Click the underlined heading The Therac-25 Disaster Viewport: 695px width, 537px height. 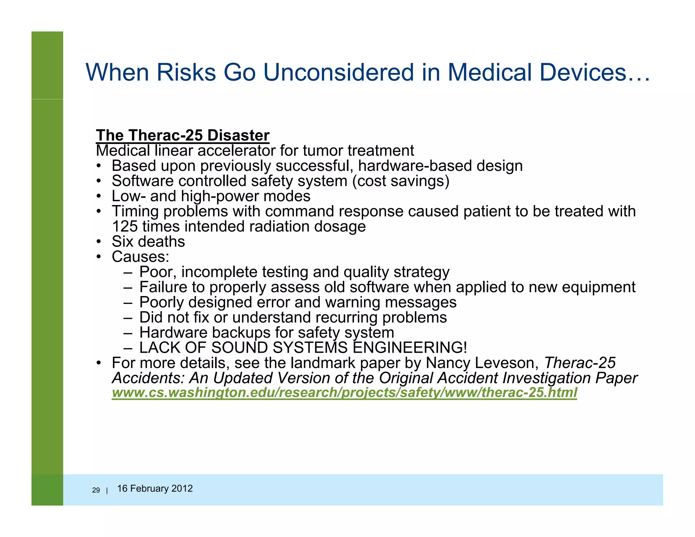[x=183, y=135]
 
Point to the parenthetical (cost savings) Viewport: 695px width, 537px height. [x=401, y=181]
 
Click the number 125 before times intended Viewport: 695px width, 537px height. [x=125, y=226]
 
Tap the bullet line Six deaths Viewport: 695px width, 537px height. [x=148, y=242]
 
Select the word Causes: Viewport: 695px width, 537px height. [x=140, y=257]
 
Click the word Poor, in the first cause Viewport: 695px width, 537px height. [x=158, y=272]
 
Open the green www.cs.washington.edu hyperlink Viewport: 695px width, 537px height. [x=344, y=393]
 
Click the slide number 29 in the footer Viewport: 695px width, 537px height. [x=96, y=490]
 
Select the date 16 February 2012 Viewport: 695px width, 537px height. [x=155, y=488]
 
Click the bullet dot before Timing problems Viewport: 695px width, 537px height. [x=98, y=211]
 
